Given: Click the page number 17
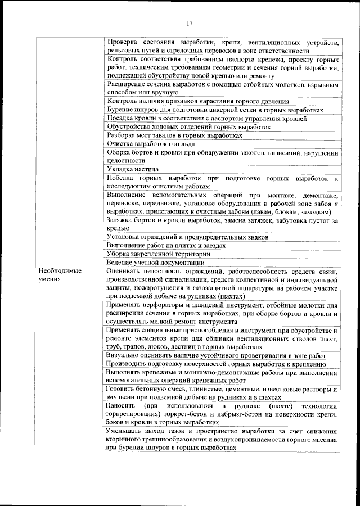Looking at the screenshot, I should click(x=189, y=24).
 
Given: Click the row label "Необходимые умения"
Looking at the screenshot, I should click(x=60, y=275).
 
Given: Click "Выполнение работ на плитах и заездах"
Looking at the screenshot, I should click(x=166, y=246).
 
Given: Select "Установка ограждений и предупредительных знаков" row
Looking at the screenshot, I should click(x=187, y=237).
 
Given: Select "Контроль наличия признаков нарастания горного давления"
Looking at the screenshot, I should click(x=198, y=101).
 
